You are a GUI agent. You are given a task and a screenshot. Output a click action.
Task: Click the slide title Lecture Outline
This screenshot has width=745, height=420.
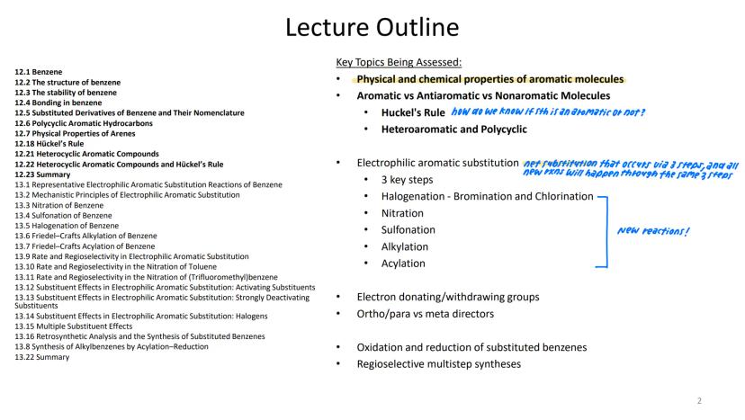pos(372,27)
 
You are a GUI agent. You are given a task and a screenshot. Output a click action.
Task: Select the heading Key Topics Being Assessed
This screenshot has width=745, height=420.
pos(399,62)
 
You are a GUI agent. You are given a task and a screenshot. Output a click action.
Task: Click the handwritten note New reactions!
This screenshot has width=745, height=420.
pos(653,231)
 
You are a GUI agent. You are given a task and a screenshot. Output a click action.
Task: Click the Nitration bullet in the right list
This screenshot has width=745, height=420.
pos(402,213)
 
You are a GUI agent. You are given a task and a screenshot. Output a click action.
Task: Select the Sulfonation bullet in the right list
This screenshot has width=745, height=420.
pos(408,229)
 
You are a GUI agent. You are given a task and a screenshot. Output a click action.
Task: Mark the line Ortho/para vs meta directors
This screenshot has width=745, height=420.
pos(425,314)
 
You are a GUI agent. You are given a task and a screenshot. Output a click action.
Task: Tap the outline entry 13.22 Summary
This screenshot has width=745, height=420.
pos(41,357)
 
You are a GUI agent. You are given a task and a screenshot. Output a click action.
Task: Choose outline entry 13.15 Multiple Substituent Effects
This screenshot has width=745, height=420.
pos(73,326)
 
